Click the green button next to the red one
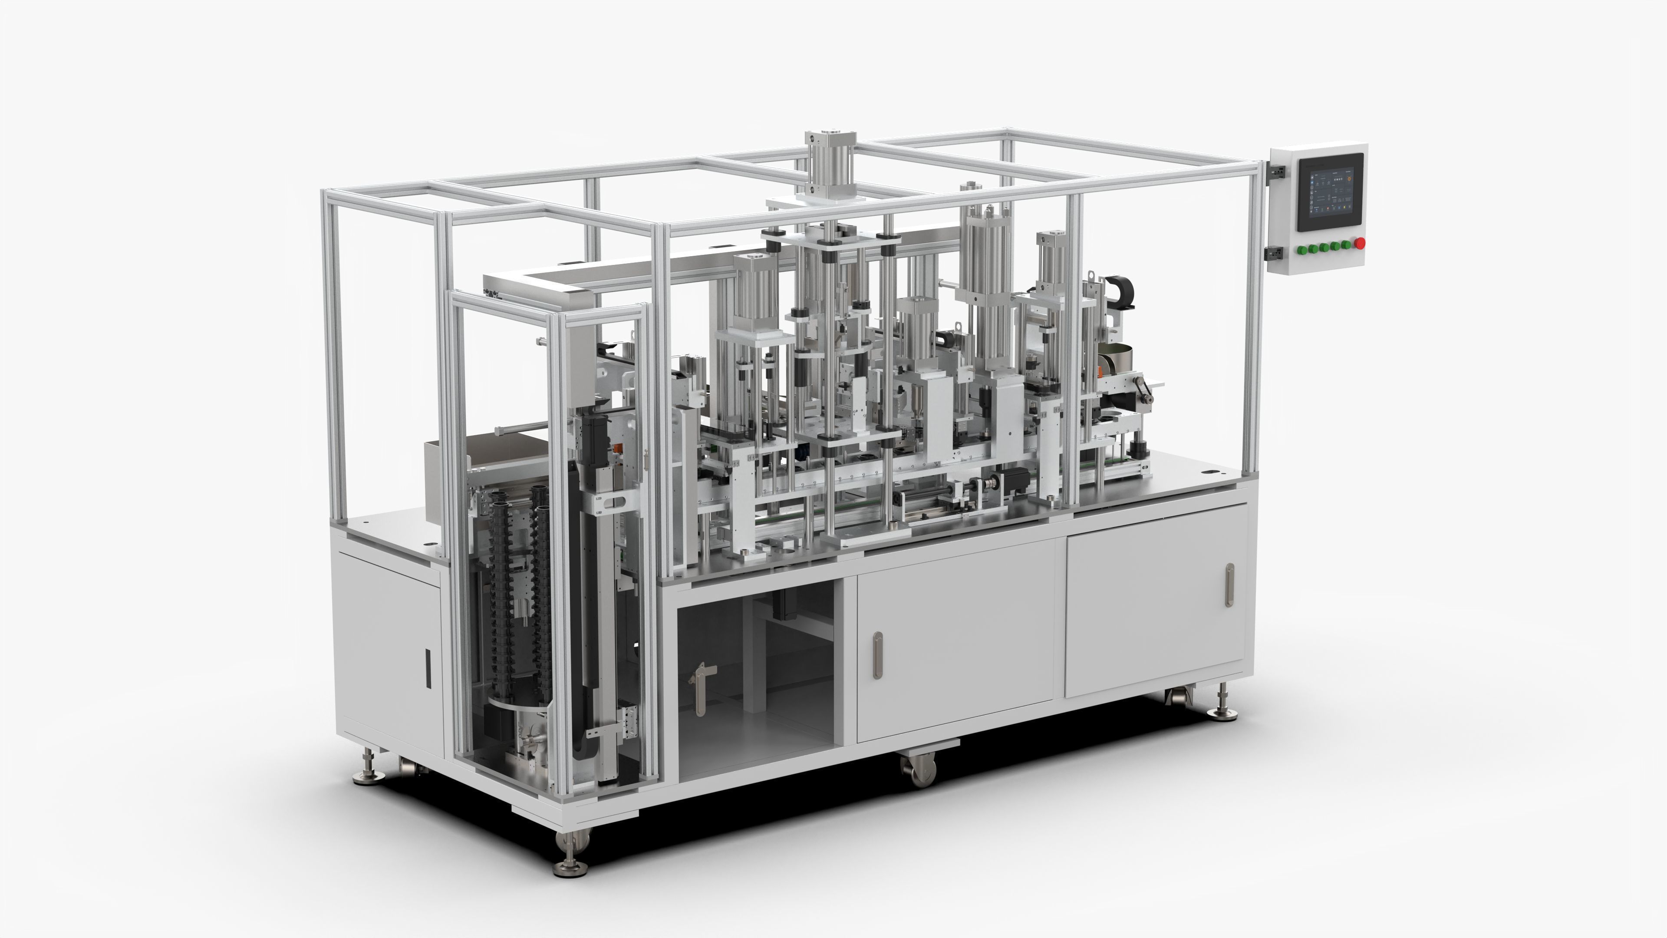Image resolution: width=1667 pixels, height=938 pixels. click(x=1348, y=244)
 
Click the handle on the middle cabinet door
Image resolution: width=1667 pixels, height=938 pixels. click(x=877, y=655)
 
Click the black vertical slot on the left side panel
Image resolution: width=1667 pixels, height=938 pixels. click(x=428, y=667)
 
